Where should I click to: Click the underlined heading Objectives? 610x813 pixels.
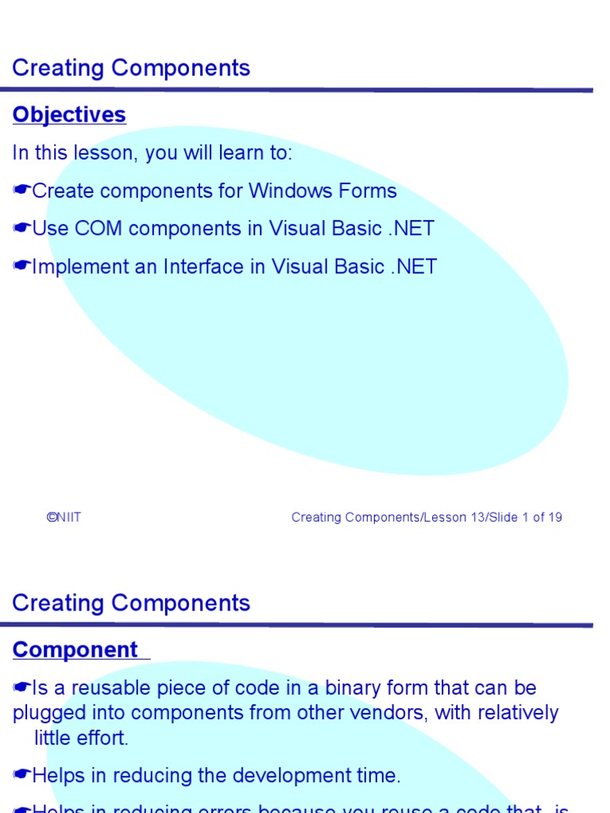pyautogui.click(x=69, y=115)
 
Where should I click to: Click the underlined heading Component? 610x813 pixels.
pyautogui.click(x=75, y=650)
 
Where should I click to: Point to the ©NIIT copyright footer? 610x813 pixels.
pyautogui.click(x=64, y=518)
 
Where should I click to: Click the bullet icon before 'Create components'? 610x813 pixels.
pyautogui.click(x=21, y=191)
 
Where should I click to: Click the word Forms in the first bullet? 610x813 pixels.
pyautogui.click(x=368, y=191)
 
